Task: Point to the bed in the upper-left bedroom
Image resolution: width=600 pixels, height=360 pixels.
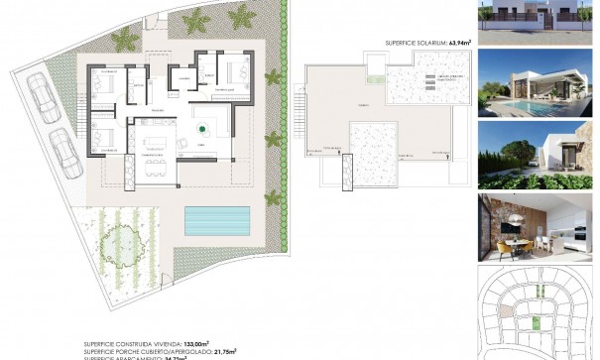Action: (x=106, y=81)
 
